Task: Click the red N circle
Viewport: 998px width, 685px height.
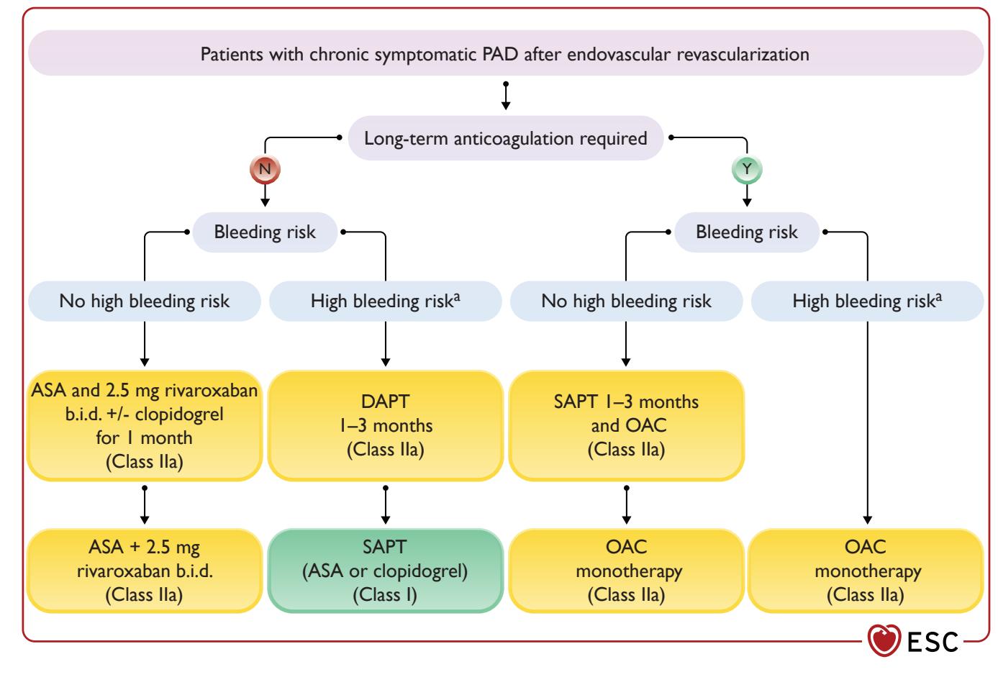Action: coord(265,169)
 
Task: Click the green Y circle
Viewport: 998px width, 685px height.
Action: coord(747,169)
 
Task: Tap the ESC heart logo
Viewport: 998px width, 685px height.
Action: coord(884,640)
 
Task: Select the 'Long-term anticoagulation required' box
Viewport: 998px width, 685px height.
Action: coord(506,138)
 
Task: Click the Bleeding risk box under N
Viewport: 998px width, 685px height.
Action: coord(265,232)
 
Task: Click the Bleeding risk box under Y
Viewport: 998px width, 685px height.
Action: coord(747,232)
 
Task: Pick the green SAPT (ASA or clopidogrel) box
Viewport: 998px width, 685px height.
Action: coord(386,571)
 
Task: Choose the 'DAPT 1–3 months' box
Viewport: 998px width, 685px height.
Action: coord(386,426)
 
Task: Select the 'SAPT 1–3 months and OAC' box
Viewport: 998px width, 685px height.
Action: coord(627,426)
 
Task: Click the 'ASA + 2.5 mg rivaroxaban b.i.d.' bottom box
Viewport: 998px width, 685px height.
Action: coord(145,571)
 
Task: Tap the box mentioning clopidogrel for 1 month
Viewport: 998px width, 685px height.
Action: coord(145,426)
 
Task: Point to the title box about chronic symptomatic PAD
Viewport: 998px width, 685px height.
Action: coord(506,53)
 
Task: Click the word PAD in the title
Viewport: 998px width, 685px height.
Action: coord(500,55)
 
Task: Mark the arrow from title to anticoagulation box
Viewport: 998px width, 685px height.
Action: coord(506,96)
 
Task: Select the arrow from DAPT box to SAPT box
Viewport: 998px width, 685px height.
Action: coord(386,505)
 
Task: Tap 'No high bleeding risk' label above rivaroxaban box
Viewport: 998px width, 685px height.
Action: coord(145,301)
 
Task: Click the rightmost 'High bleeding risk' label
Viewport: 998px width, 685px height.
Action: coord(868,301)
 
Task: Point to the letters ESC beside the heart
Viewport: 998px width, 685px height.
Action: coord(933,643)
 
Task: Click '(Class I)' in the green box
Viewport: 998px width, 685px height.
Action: coord(385,595)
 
